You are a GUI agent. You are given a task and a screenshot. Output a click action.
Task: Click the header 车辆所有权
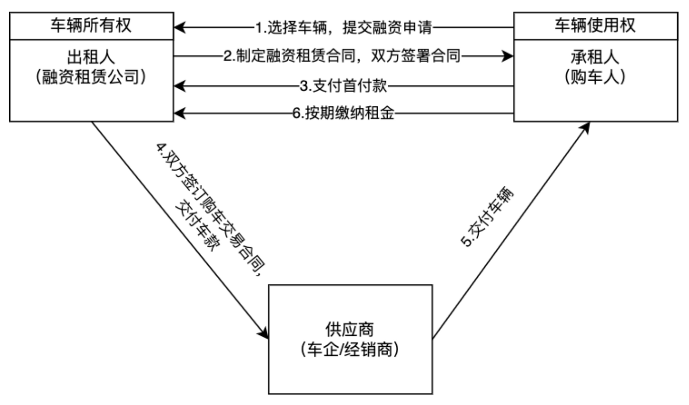click(x=91, y=26)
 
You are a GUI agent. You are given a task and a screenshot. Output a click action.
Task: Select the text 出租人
click(x=91, y=57)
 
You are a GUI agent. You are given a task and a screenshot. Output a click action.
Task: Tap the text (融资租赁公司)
click(x=91, y=77)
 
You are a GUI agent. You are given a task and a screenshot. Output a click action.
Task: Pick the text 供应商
click(x=350, y=330)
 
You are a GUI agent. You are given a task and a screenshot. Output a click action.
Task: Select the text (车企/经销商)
click(x=350, y=350)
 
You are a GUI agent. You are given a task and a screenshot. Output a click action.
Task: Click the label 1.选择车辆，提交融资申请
click(x=343, y=27)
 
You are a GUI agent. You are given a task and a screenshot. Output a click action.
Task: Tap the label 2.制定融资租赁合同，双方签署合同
click(x=342, y=56)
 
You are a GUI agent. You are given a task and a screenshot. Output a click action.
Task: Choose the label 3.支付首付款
click(x=343, y=86)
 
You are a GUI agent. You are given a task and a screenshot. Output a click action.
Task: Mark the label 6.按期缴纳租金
click(x=343, y=113)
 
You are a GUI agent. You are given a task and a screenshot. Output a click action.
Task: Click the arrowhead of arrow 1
click(x=179, y=27)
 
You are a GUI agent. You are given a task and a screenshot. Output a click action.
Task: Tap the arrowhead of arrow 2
click(x=508, y=56)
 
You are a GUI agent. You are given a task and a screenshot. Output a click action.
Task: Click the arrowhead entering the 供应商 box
click(x=264, y=332)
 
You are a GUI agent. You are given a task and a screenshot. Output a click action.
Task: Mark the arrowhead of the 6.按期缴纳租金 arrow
click(x=179, y=113)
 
